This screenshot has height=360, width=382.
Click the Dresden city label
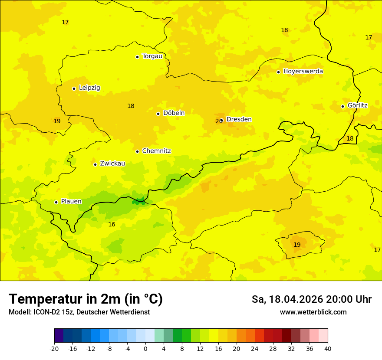click(x=239, y=119)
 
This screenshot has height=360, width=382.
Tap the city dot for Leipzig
click(x=74, y=88)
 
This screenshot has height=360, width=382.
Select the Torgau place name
click(x=152, y=56)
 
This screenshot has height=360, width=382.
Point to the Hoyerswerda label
click(x=303, y=72)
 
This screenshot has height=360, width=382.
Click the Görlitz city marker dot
click(x=342, y=106)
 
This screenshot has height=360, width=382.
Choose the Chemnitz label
click(x=156, y=151)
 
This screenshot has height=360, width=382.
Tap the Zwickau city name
click(x=112, y=164)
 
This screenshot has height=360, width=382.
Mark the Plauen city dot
click(x=56, y=202)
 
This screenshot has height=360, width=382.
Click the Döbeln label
click(x=174, y=113)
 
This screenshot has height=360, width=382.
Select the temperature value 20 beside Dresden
click(x=219, y=121)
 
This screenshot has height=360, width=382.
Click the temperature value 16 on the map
click(x=112, y=225)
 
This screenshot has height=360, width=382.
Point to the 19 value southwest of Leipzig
click(x=57, y=121)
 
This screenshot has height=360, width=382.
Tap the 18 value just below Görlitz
click(x=350, y=139)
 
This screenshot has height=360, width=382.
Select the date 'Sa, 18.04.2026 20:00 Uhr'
click(x=311, y=299)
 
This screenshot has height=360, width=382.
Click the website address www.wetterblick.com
click(x=313, y=312)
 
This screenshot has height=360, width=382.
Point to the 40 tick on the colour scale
click(x=327, y=348)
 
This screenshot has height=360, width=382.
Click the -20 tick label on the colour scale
click(x=54, y=348)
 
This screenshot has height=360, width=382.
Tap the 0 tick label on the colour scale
click(x=145, y=348)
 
